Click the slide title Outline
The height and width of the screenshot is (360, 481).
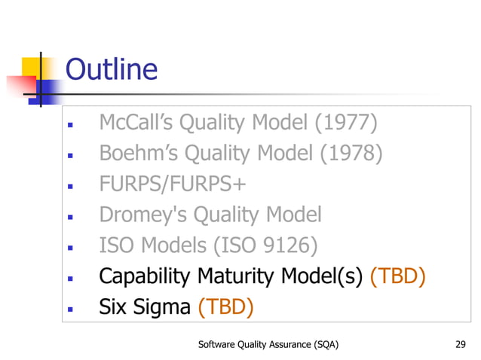pos(112,70)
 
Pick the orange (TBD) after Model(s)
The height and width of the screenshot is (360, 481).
pos(397,276)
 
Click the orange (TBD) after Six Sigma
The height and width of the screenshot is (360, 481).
pos(225,307)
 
